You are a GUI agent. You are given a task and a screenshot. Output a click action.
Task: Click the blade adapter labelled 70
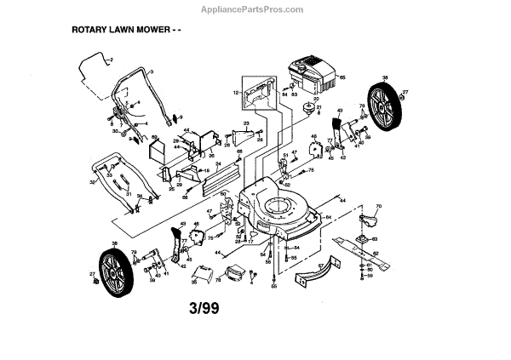(x=370, y=220)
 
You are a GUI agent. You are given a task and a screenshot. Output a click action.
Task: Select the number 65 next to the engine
(x=342, y=78)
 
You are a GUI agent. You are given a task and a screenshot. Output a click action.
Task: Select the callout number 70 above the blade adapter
(x=379, y=205)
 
